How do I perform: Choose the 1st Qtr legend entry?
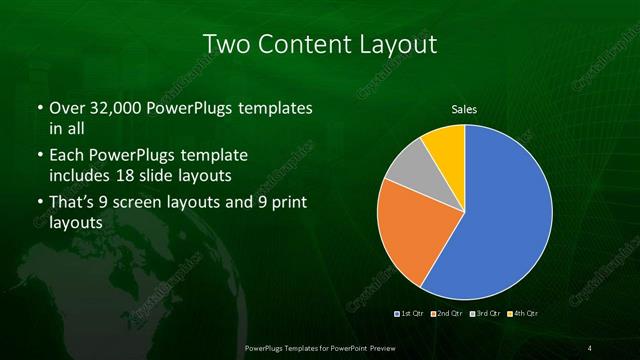(x=411, y=313)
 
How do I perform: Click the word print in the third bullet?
(x=285, y=204)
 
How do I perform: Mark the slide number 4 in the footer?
(x=590, y=347)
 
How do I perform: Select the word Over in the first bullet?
(x=63, y=107)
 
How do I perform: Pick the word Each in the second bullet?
(x=64, y=157)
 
